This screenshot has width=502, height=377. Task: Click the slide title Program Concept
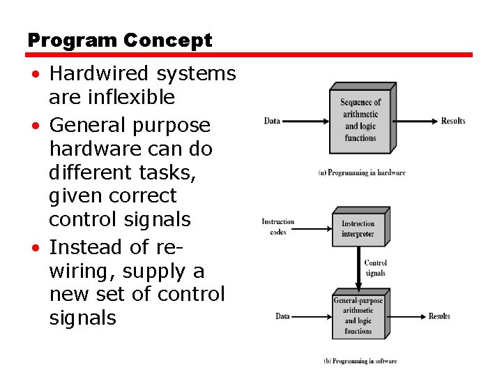tap(119, 41)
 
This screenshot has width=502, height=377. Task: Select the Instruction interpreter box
tap(358, 228)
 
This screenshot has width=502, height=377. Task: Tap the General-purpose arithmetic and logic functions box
tap(358, 316)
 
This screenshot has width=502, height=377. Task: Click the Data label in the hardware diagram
tap(272, 121)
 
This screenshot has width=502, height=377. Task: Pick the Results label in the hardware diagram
tap(452, 121)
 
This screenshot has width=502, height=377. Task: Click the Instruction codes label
tap(277, 227)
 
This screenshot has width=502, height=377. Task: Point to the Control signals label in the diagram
tap(375, 267)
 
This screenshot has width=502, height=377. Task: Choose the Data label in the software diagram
tap(282, 316)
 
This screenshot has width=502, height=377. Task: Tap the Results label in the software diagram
tap(439, 316)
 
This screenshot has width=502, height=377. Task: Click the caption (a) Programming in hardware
tap(361, 172)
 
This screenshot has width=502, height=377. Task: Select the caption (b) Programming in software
tap(360, 361)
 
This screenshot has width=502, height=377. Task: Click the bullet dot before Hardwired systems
tap(34, 74)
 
